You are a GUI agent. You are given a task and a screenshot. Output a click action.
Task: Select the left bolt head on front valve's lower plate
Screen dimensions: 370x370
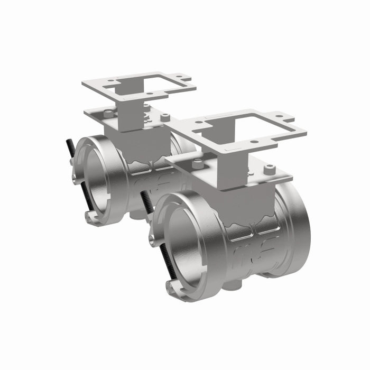(198, 164)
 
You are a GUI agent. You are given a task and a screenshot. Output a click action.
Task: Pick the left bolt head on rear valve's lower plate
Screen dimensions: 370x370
(108, 113)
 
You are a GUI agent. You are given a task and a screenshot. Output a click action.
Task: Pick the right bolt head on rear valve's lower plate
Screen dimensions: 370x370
(165, 117)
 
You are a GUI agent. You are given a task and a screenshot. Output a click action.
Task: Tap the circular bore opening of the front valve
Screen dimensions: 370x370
(182, 243)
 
